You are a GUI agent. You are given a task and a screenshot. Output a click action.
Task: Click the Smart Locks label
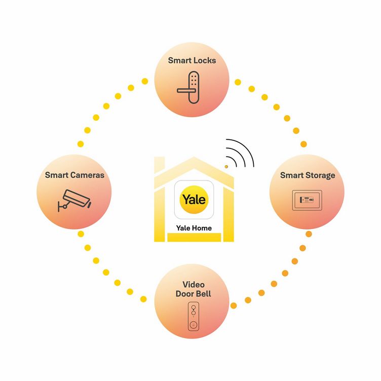(x=192, y=60)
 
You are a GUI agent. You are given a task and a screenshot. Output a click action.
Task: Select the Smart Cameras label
(x=74, y=175)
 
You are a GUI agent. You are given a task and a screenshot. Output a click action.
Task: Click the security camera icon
(x=74, y=201)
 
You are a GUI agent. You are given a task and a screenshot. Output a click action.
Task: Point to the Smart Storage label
(x=308, y=175)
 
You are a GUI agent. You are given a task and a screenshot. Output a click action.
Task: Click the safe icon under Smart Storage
(x=307, y=200)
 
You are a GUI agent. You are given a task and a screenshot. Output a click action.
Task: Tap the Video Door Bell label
(x=194, y=289)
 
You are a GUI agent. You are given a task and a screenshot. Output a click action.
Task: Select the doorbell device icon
(x=194, y=316)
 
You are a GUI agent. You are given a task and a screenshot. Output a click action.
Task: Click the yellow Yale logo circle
(x=194, y=200)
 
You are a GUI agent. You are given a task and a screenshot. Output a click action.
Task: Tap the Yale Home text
(x=194, y=228)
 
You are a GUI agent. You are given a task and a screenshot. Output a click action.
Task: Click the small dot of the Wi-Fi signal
(x=226, y=167)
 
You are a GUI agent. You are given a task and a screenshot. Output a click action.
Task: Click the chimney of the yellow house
(x=160, y=165)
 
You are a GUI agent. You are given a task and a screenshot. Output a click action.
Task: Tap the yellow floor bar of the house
(x=194, y=237)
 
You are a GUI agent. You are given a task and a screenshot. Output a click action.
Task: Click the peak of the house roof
(x=194, y=158)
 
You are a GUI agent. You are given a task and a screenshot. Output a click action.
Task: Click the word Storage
(x=320, y=176)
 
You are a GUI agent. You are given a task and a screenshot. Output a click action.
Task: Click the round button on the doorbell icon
(x=194, y=324)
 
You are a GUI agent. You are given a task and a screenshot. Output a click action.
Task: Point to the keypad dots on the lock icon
(x=194, y=80)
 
